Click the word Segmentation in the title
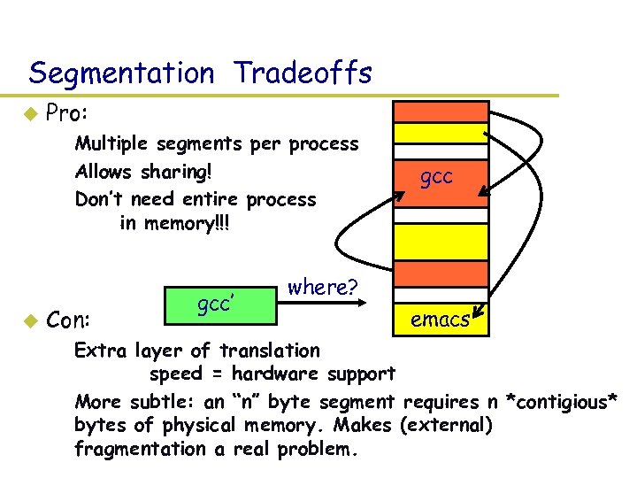[121, 73]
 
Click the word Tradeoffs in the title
[303, 73]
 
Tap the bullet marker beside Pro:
[29, 113]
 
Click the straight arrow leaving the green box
[327, 303]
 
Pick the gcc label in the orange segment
[436, 176]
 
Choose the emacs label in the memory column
[440, 320]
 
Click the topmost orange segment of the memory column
[440, 112]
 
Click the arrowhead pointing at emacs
[478, 312]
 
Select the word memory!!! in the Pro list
[194, 223]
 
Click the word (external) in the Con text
[445, 425]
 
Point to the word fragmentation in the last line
[142, 449]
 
